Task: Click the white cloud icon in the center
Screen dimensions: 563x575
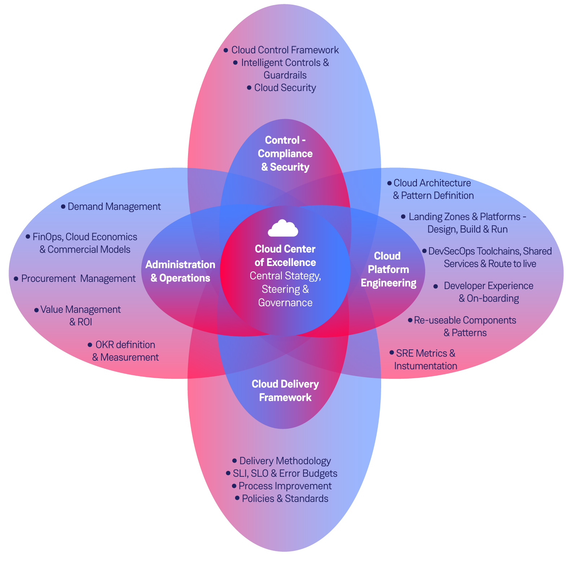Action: tap(283, 228)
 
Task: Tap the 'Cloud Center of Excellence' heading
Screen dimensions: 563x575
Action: tap(285, 256)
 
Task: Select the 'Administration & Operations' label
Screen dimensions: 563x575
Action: tap(180, 271)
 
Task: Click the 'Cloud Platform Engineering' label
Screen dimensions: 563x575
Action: tap(388, 269)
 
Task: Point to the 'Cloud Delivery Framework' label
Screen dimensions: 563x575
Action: tap(285, 390)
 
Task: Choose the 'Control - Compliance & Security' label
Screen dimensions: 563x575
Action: tap(285, 153)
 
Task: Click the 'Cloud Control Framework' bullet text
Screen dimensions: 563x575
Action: tap(285, 50)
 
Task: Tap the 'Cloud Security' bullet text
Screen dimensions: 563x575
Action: tap(285, 88)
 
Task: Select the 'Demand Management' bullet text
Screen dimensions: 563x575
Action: tap(114, 206)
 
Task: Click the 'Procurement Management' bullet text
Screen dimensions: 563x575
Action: tap(78, 279)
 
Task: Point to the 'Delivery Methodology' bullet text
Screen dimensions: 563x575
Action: tap(285, 461)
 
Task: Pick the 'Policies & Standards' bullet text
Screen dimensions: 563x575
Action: tap(285, 498)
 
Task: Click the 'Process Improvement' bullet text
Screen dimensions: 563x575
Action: tap(285, 486)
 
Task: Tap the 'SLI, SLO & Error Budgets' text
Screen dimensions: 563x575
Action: tap(285, 473)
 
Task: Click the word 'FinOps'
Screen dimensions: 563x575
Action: tap(47, 237)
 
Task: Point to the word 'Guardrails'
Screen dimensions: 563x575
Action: tap(285, 75)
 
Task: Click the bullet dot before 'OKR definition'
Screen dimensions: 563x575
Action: tap(90, 345)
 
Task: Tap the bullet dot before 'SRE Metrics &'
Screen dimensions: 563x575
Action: tap(392, 353)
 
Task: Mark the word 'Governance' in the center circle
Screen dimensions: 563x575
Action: tap(285, 302)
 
